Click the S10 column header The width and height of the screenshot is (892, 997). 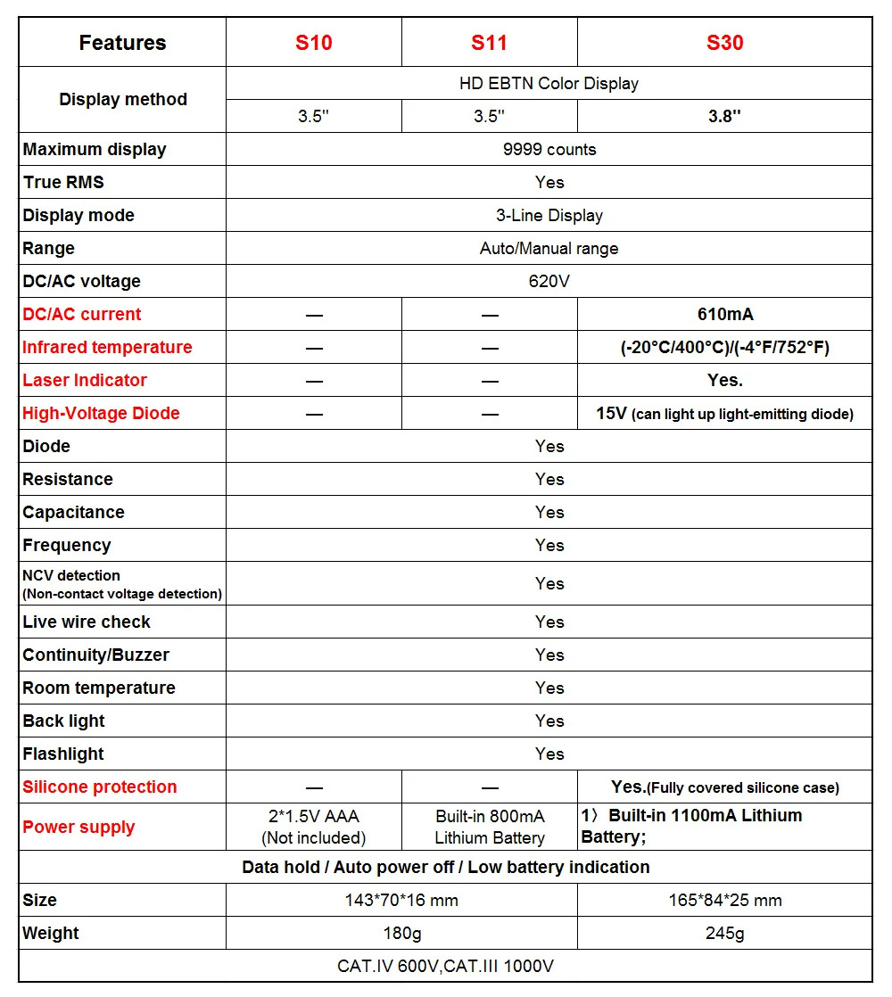313,43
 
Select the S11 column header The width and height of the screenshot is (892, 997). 489,43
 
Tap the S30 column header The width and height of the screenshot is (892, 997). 724,43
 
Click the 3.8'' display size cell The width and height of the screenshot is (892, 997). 724,116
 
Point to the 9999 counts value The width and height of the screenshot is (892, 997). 549,149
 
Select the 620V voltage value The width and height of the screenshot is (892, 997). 549,281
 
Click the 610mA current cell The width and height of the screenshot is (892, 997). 724,314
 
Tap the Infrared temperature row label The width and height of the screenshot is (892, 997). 107,347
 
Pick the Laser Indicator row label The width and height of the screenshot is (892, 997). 85,380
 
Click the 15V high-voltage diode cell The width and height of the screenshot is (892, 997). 724,413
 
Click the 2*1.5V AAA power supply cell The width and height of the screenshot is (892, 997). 313,827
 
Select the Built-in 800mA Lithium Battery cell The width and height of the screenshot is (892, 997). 489,827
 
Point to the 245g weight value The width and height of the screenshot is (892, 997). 724,933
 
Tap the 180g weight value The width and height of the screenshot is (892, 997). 401,933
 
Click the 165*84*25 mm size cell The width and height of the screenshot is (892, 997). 724,900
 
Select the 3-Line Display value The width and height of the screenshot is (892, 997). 549,215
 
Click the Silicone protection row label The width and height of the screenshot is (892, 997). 100,787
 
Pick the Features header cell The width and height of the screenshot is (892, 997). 122,43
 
